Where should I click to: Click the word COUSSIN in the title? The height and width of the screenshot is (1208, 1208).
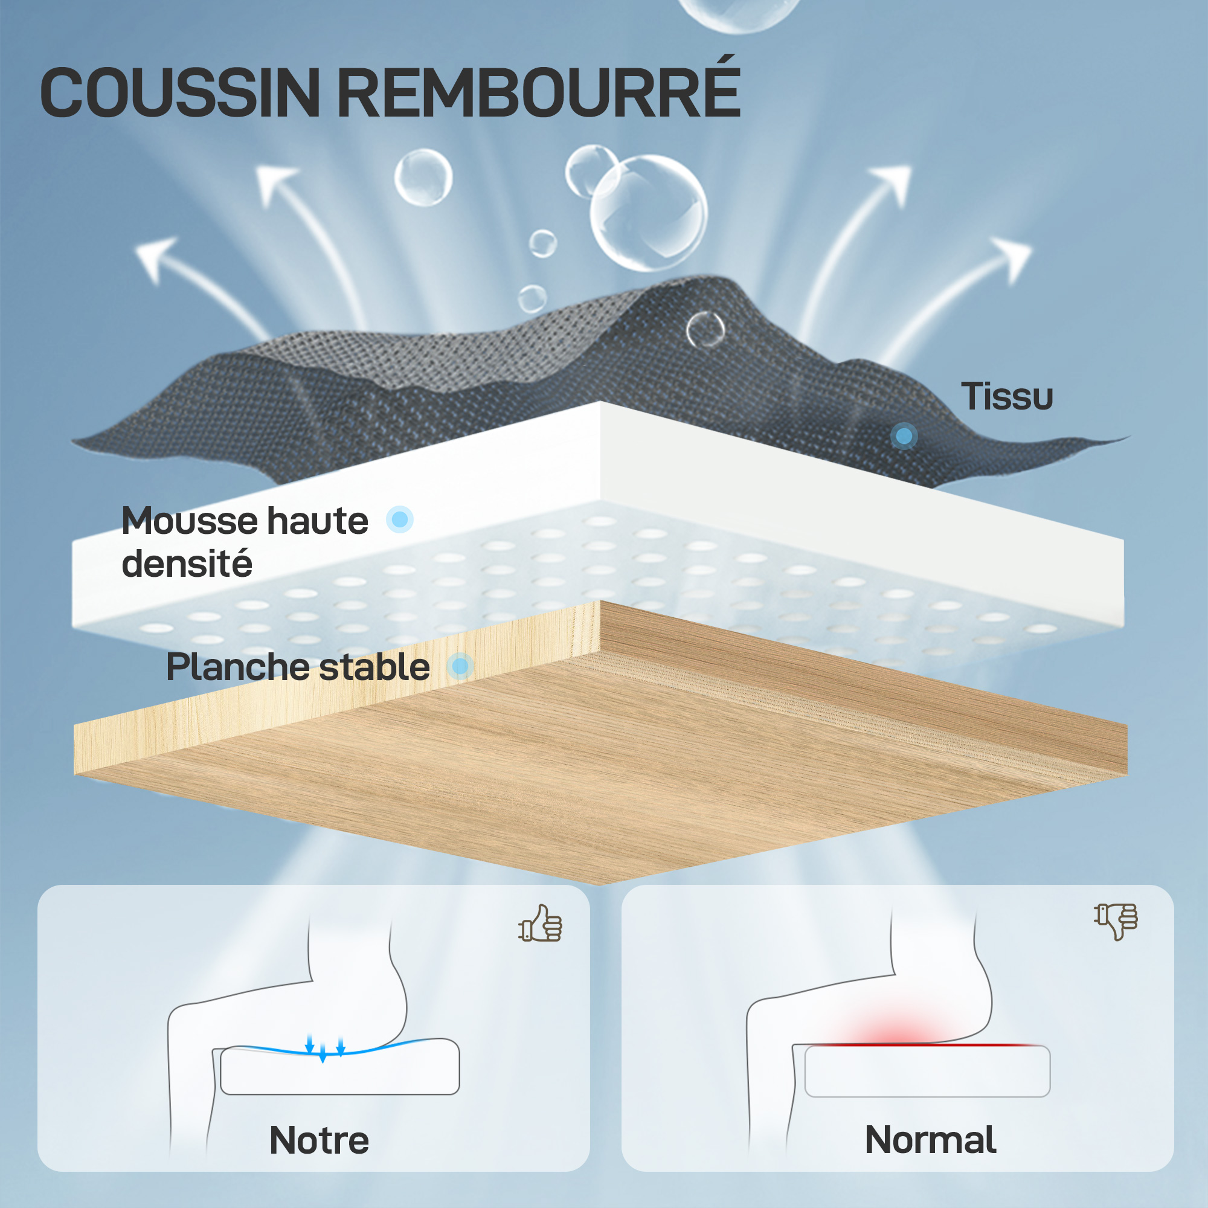[x=180, y=92]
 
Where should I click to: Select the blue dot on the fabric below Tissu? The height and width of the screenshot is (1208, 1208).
[x=904, y=436]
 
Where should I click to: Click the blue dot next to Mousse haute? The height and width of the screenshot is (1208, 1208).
[x=399, y=519]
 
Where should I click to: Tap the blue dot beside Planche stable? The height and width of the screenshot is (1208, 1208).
[x=461, y=666]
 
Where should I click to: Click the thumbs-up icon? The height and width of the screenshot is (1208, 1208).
[x=540, y=923]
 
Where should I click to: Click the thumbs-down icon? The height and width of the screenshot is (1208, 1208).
[x=1116, y=921]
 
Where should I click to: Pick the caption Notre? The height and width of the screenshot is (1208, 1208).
[x=319, y=1140]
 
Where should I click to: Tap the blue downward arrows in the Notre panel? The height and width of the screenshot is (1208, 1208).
[x=324, y=1047]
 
